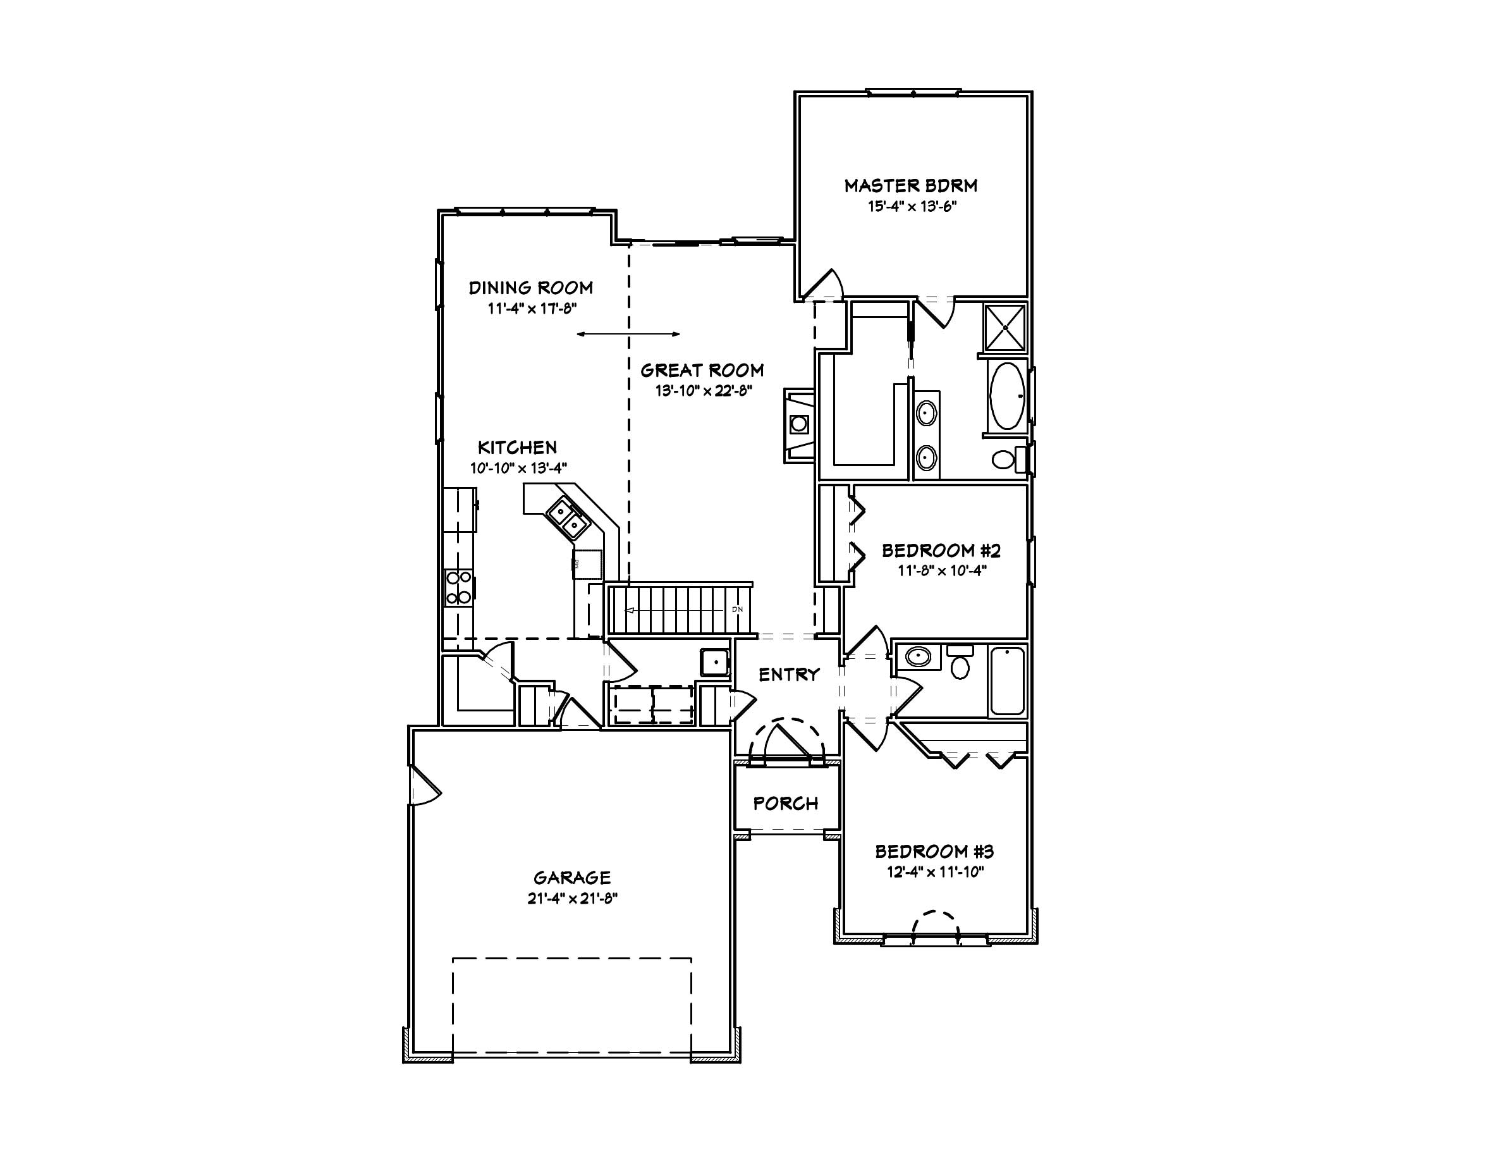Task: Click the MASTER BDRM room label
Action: [910, 186]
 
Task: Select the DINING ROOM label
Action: [530, 288]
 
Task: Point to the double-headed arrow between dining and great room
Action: [628, 335]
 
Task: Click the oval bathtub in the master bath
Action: [1006, 396]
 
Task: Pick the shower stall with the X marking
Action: [1004, 328]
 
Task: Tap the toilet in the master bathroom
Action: [1004, 458]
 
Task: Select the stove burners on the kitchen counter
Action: [459, 587]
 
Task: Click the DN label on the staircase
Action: [737, 610]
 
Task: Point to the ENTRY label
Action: [789, 675]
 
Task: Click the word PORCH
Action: [785, 803]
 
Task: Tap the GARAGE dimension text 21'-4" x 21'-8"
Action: [572, 899]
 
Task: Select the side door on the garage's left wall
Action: [423, 784]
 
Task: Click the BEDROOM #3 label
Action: [934, 852]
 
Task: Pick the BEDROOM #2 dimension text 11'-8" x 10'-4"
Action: [941, 570]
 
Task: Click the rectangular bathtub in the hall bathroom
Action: [1006, 681]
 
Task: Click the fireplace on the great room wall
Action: [799, 424]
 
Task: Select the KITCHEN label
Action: [517, 448]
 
